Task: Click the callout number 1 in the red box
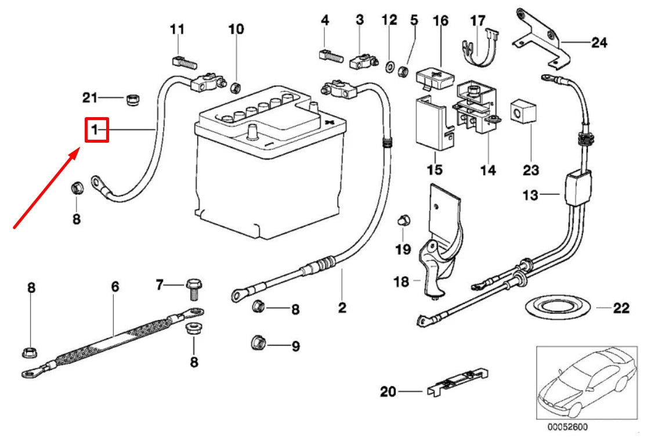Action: tap(96, 130)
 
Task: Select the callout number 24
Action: tap(598, 42)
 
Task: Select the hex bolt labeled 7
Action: tap(193, 286)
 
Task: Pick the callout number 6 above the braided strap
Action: tap(115, 286)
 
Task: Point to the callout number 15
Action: tap(434, 170)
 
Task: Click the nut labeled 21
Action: tap(133, 100)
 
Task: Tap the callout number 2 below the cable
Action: tap(342, 307)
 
